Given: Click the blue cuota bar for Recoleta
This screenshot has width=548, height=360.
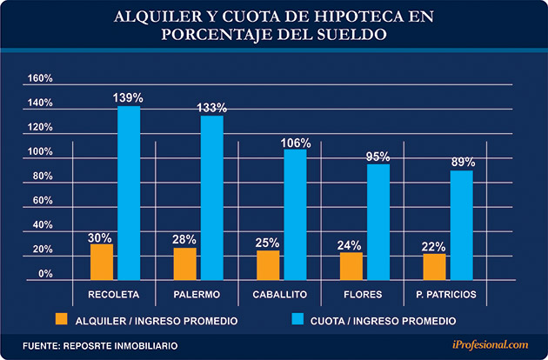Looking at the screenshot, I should [x=129, y=190].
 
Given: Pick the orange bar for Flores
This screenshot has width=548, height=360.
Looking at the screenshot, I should [x=351, y=263].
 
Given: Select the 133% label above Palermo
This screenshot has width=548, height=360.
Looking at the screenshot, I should [x=212, y=108].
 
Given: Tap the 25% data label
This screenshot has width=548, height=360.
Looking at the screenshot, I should [x=268, y=241].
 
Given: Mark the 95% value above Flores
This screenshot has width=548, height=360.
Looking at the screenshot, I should [x=378, y=156].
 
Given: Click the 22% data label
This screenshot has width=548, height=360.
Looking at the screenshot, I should [x=434, y=244].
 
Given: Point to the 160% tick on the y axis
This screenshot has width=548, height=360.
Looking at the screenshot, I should [x=41, y=78].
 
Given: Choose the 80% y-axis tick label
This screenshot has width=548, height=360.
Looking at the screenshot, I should [x=43, y=176].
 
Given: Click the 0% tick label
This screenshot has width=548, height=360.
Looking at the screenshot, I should [x=46, y=273].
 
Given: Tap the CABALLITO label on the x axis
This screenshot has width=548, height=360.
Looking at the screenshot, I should [x=280, y=294].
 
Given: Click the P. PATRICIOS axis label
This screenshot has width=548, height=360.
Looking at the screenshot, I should [x=446, y=294].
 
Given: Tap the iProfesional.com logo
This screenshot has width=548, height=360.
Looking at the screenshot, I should [x=488, y=345].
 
